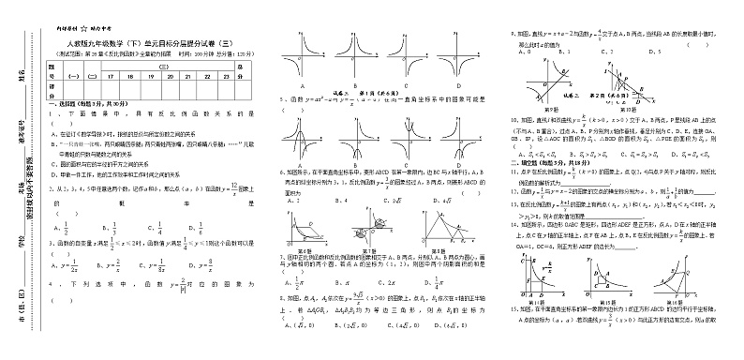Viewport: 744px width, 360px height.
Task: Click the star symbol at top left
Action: click(x=83, y=31)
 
